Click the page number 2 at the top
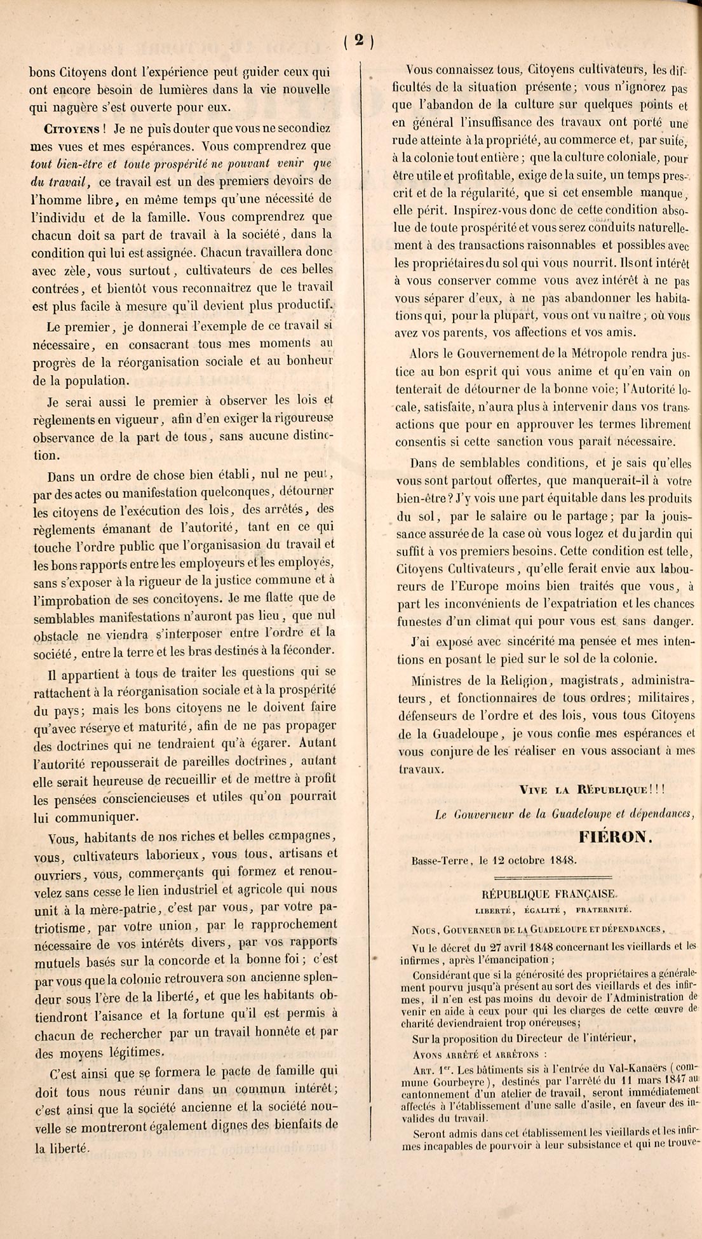358,41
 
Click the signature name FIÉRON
615,837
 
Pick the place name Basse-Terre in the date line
442,860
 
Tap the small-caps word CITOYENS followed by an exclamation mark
71,128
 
